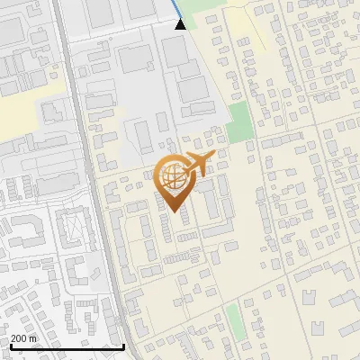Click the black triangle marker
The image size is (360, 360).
point(181,23)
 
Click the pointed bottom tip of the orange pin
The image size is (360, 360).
point(175,212)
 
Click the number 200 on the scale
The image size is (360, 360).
point(19,338)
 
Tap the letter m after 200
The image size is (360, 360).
point(33,338)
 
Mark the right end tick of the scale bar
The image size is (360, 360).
point(123,346)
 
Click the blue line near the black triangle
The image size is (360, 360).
point(174,9)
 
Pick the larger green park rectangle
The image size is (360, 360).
point(239,122)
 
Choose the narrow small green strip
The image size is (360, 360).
point(232,316)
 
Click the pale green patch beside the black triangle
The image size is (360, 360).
point(193,13)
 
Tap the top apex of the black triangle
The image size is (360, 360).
point(181,18)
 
